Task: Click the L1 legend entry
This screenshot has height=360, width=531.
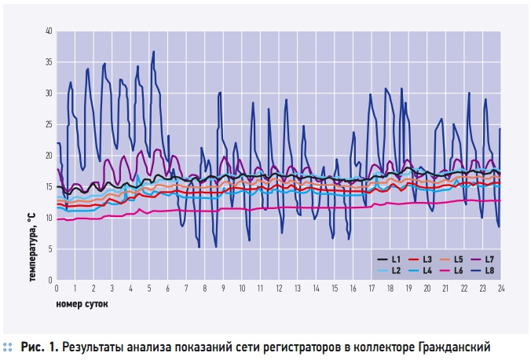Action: pyautogui.click(x=392, y=259)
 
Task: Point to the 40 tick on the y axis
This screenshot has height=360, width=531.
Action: pyautogui.click(x=48, y=31)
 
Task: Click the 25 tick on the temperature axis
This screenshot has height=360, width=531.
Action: pyautogui.click(x=48, y=124)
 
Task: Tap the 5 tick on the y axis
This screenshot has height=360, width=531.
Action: pyautogui.click(x=50, y=249)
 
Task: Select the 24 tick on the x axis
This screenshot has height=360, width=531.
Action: pyautogui.click(x=500, y=288)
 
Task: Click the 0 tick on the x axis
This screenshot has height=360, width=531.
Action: pyautogui.click(x=57, y=288)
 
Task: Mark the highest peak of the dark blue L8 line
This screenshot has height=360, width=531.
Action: pyautogui.click(x=154, y=52)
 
